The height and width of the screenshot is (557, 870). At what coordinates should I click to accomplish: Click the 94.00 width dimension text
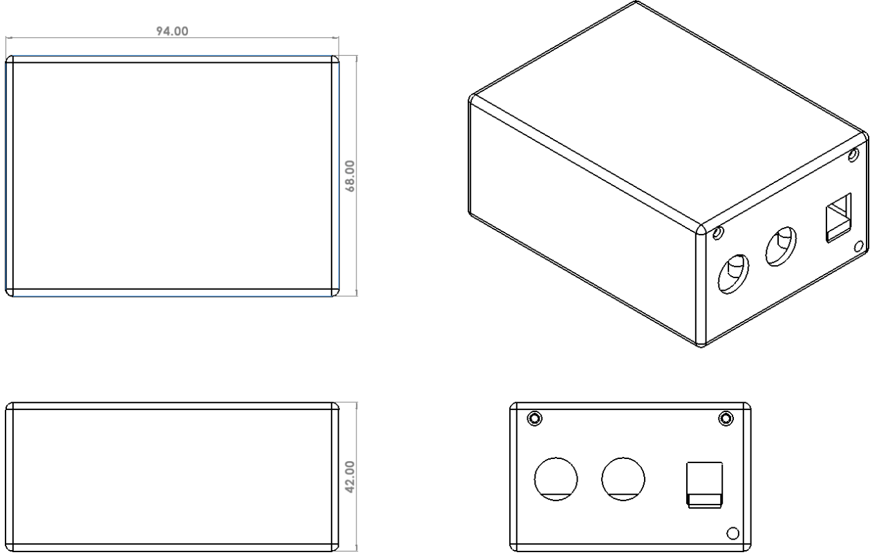(172, 31)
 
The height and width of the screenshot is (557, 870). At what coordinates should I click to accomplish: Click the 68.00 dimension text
(350, 176)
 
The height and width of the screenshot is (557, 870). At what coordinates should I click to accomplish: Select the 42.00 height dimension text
(350, 477)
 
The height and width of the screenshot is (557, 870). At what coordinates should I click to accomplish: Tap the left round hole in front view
(556, 479)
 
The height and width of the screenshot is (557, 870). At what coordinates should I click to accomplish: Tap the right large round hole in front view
(623, 479)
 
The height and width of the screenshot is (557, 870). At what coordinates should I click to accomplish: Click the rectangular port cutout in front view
(705, 485)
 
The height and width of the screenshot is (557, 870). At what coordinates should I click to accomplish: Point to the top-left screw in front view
(535, 418)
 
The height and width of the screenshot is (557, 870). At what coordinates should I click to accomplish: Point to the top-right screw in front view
(726, 418)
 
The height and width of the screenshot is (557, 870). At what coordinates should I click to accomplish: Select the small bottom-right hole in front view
(733, 534)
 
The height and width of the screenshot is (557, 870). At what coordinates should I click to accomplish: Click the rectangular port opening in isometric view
(838, 217)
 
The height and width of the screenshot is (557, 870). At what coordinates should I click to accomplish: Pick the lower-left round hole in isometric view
(733, 274)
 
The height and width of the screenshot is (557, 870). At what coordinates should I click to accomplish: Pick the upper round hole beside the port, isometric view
(781, 246)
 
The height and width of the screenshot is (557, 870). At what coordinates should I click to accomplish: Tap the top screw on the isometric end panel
(853, 155)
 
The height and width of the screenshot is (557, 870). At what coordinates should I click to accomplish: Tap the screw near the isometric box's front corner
(718, 233)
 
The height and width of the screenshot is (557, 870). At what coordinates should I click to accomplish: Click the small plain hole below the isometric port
(859, 246)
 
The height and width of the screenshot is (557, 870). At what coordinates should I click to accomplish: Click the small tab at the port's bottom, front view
(705, 500)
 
